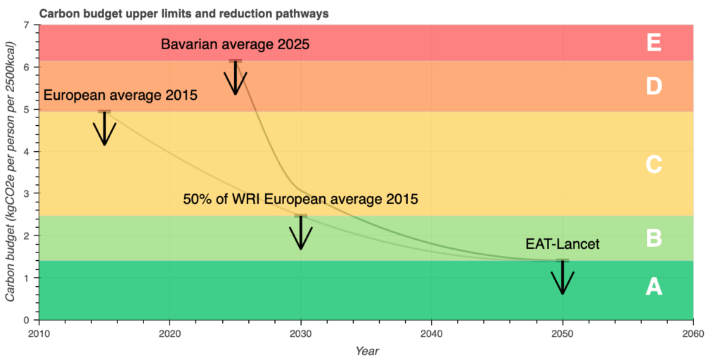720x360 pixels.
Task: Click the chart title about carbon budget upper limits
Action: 185,13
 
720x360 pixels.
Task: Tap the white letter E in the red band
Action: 654,43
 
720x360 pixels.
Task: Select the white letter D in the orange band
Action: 654,86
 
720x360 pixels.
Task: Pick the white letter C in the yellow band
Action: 654,165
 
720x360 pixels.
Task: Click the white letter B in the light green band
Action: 654,238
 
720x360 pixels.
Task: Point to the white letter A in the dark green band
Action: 654,286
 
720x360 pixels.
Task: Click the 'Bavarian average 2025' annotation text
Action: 235,44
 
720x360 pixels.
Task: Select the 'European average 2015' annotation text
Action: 120,95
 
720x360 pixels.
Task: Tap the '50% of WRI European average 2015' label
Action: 300,199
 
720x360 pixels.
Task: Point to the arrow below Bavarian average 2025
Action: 236,77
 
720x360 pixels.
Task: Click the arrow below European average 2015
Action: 105,128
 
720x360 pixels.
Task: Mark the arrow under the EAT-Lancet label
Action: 562,277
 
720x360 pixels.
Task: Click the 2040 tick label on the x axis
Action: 432,333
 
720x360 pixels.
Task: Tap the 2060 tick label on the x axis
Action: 693,333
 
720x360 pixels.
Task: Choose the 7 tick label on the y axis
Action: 27,25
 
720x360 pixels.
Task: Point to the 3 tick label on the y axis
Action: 27,193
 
